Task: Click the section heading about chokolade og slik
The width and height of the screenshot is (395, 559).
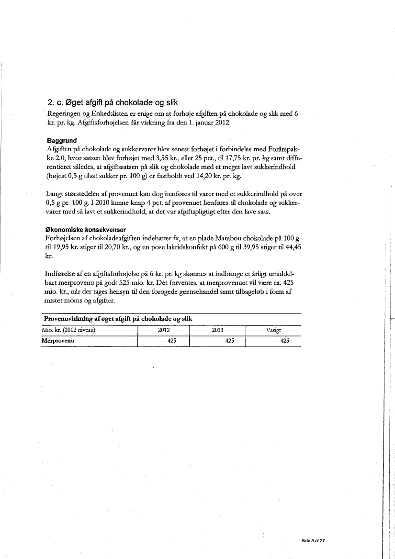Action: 113,102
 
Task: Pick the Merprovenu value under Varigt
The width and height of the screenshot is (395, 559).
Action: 284,341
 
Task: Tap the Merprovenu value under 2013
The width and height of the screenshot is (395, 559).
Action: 229,341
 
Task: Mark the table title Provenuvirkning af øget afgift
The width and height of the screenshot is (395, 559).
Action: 118,319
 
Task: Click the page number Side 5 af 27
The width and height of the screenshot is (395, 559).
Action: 313,540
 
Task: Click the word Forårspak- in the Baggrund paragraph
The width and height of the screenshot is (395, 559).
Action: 285,149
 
